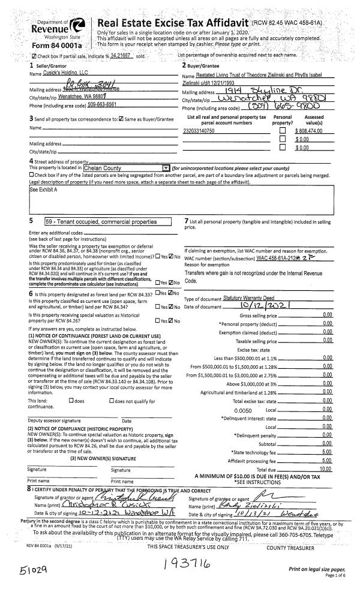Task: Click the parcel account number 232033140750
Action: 199,130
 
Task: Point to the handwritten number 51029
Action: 22,568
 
